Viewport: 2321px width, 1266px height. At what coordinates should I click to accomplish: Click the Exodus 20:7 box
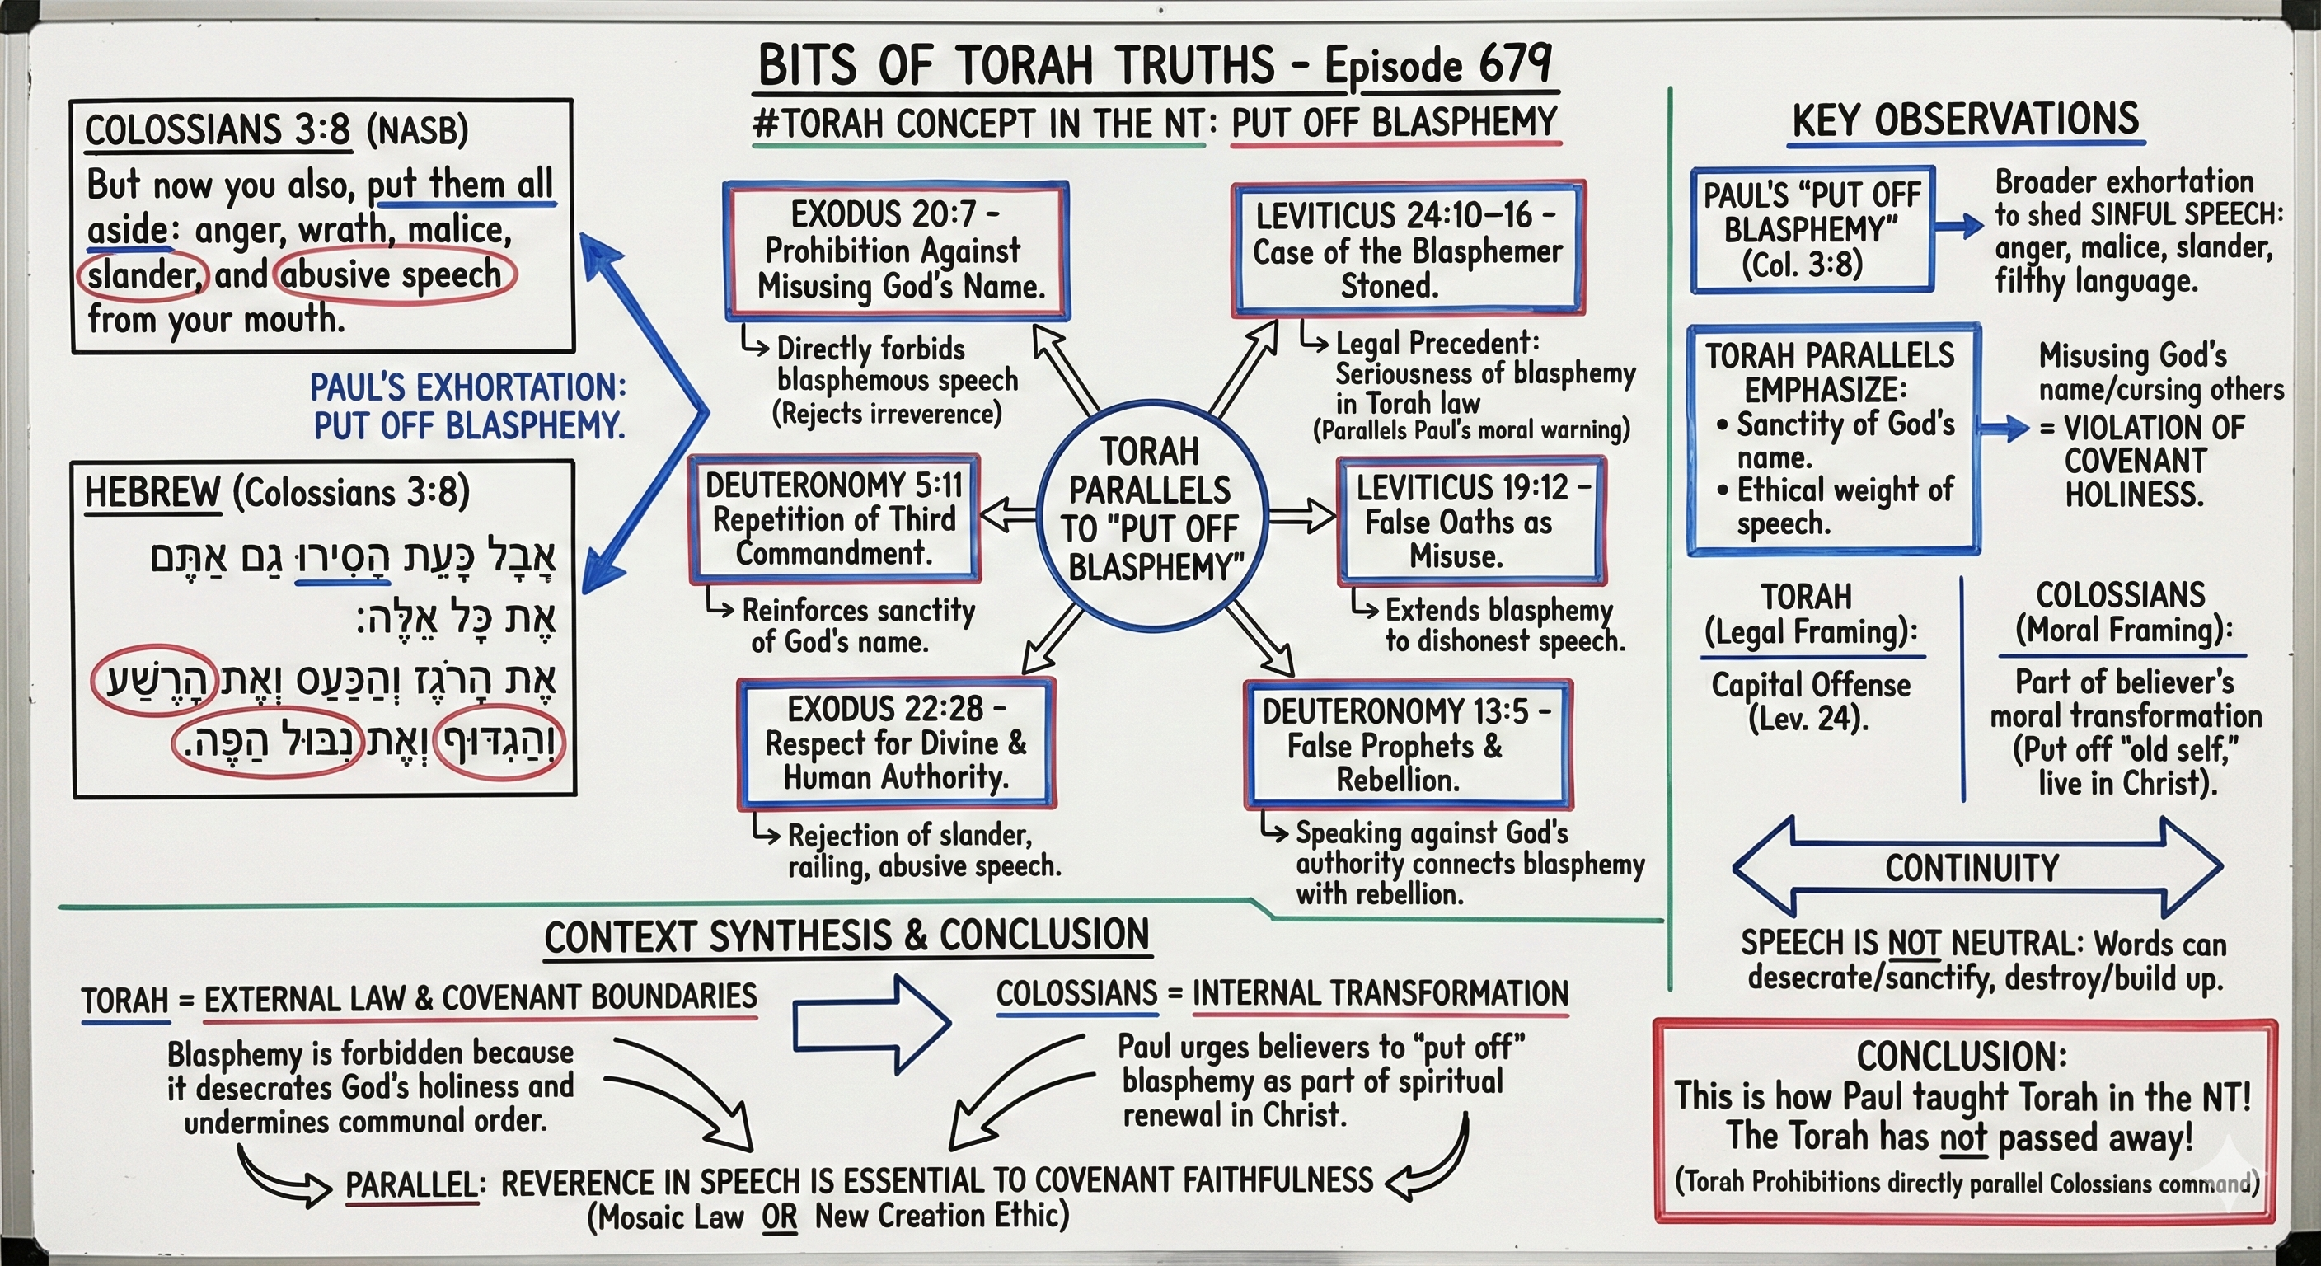click(898, 251)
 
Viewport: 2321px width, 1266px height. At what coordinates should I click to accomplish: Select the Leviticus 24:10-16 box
click(1408, 250)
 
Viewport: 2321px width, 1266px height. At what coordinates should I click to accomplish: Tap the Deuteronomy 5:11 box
click(833, 519)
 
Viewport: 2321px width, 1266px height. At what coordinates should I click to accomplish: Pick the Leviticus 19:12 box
click(1470, 522)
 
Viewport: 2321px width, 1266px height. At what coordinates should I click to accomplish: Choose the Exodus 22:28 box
click(896, 743)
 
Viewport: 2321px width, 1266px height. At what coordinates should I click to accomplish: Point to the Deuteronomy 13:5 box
click(1408, 745)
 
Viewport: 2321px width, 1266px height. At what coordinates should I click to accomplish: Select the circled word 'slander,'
click(144, 274)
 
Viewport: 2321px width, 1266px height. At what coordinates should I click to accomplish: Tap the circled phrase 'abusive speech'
click(394, 274)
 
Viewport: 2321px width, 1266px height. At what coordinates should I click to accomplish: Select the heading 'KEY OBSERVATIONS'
click(1965, 120)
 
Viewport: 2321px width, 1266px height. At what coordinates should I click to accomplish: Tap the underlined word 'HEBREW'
click(152, 492)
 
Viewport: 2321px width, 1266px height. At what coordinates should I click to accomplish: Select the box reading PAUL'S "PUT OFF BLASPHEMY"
click(1811, 229)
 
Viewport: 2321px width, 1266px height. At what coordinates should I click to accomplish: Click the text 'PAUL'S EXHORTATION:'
click(467, 387)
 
